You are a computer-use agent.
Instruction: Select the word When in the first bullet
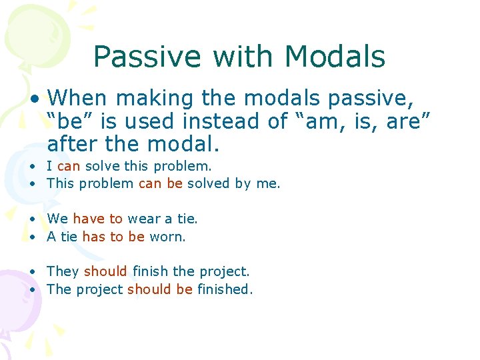pos(77,99)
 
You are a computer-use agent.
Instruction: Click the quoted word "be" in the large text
pos(69,121)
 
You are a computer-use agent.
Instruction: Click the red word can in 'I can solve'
pos(69,166)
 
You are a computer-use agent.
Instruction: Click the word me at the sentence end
pos(267,183)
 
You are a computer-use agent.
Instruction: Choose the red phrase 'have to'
pos(97,219)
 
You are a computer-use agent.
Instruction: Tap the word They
pos(63,271)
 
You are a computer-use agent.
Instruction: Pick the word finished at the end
pos(224,289)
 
